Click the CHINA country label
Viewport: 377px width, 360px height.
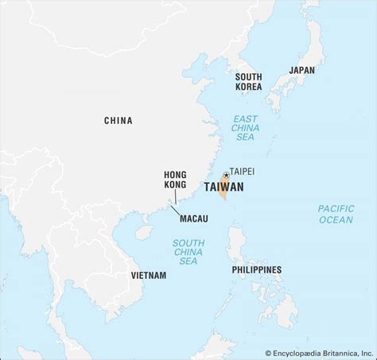coord(118,121)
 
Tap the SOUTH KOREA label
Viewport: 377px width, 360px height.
coord(248,82)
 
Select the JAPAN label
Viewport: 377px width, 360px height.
coord(301,70)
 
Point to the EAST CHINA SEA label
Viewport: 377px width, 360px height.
coord(245,126)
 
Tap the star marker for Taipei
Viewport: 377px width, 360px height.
coord(227,175)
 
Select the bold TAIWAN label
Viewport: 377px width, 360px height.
coord(223,188)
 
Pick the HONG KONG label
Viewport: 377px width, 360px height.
coord(175,179)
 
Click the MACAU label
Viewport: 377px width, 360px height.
coord(194,217)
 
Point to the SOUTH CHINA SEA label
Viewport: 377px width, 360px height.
coord(188,251)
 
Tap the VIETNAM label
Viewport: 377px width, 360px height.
coord(148,275)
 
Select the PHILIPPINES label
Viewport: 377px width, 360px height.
coord(256,270)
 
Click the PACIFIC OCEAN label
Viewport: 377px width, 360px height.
coord(336,214)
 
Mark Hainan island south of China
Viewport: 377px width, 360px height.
coord(144,232)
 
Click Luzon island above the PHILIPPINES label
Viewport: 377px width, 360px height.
coord(236,242)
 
